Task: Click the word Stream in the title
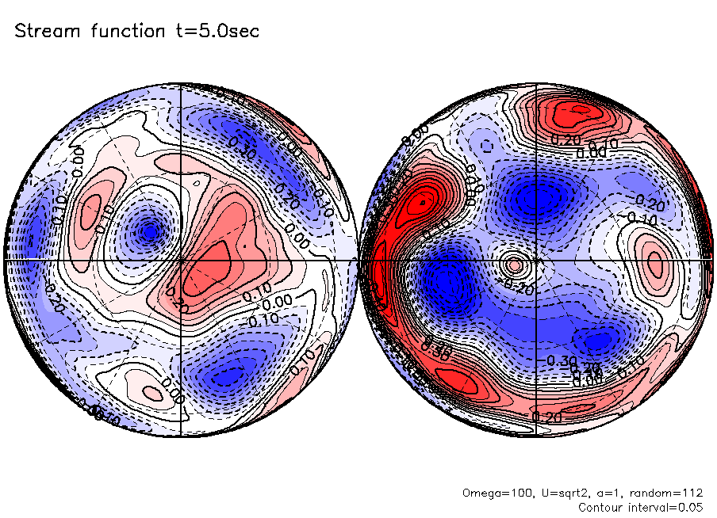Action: (44, 31)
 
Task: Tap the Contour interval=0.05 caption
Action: (641, 507)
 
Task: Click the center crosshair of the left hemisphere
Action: (182, 259)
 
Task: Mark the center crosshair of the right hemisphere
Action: (536, 259)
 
